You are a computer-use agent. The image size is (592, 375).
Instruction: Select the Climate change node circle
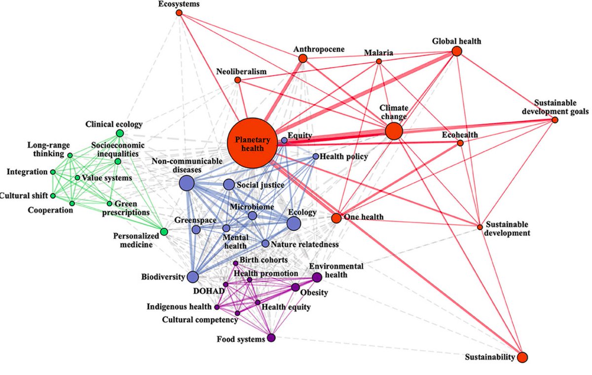tap(394, 131)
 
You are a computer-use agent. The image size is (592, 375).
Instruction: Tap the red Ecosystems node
tap(179, 13)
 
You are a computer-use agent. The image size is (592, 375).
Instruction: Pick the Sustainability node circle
tap(522, 357)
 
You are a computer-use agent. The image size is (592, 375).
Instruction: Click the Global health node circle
tap(456, 51)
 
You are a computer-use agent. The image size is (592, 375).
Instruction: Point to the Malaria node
tap(379, 61)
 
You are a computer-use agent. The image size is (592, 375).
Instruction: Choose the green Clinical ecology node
tap(119, 133)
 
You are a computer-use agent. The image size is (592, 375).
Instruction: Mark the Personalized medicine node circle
tap(164, 232)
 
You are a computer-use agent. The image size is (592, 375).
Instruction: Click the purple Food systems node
tap(271, 338)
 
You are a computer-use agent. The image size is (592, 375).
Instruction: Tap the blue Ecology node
tap(294, 224)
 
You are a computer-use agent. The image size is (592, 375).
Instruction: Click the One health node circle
tap(336, 218)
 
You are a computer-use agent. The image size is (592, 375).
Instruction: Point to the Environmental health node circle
tap(317, 277)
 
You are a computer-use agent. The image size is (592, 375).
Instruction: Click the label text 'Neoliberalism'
tap(241, 72)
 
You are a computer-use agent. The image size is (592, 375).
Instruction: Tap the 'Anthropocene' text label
tap(319, 49)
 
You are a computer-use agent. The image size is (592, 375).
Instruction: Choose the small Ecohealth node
tap(460, 143)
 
